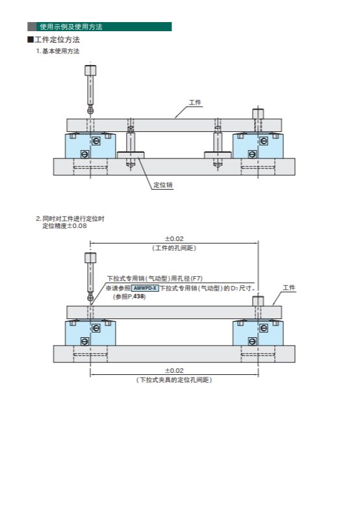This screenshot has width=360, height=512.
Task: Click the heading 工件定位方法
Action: tap(57, 40)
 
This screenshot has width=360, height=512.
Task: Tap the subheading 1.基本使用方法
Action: tap(58, 51)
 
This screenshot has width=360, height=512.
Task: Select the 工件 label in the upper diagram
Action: tap(195, 103)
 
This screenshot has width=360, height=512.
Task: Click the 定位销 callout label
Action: tap(163, 185)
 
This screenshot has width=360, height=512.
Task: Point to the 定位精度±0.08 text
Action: tap(64, 226)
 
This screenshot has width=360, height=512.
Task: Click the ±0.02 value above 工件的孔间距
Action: tap(174, 238)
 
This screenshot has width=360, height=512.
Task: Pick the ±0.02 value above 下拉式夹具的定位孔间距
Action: tap(174, 370)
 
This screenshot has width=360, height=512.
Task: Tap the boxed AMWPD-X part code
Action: tap(145, 288)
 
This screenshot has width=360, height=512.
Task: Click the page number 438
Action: tap(138, 296)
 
